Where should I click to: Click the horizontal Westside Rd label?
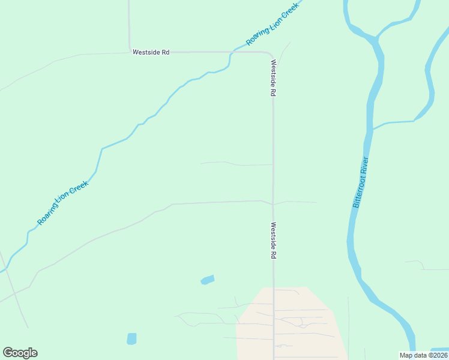pyautogui.click(x=151, y=53)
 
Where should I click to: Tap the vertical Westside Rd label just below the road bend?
pyautogui.click(x=273, y=79)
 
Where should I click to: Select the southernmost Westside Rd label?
pyautogui.click(x=273, y=241)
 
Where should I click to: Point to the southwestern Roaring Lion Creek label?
pyautogui.click(x=63, y=203)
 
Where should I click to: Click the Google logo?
pyautogui.click(x=20, y=353)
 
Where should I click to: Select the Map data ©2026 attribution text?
pyautogui.click(x=423, y=355)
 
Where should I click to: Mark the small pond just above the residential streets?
pyautogui.click(x=207, y=280)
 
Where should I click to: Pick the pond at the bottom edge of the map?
pyautogui.click(x=131, y=338)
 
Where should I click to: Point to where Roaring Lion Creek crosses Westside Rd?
pyautogui.click(x=231, y=53)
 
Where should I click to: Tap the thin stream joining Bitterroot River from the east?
pyautogui.click(x=393, y=123)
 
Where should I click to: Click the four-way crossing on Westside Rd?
pyautogui.click(x=273, y=204)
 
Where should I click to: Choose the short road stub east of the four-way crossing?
pyautogui.click(x=297, y=202)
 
